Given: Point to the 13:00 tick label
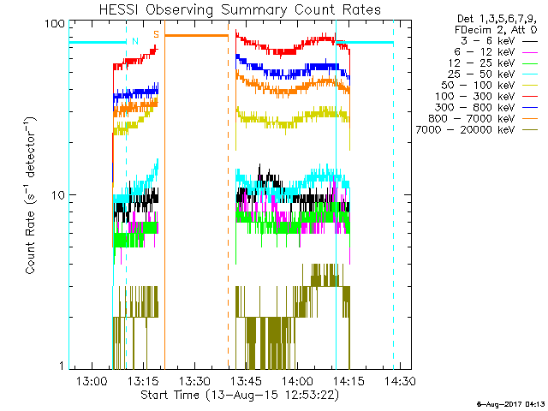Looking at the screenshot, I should (x=92, y=380).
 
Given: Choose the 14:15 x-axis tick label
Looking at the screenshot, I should (x=348, y=380).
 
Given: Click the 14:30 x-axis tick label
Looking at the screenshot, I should (x=398, y=380).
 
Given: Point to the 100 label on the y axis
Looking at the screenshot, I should (x=56, y=24).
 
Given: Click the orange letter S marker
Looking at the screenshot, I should (x=156, y=34).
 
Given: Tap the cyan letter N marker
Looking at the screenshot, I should (x=134, y=41).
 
